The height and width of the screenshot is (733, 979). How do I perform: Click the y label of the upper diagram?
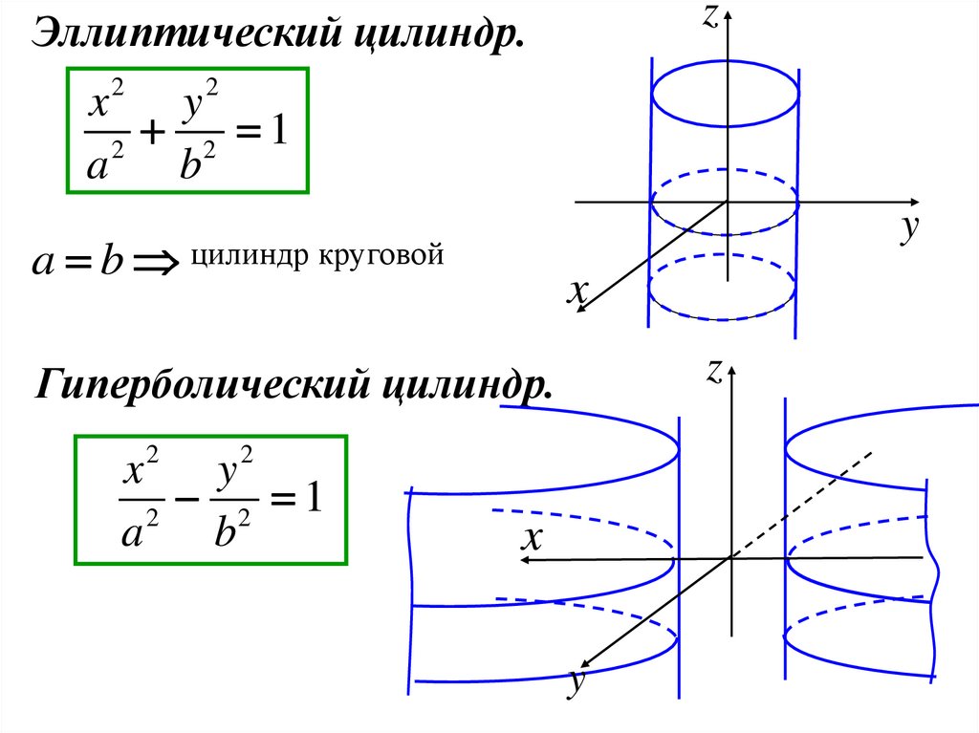point(909,229)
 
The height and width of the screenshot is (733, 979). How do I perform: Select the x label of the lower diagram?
point(532,541)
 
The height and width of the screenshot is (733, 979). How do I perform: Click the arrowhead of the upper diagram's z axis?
point(729,13)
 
